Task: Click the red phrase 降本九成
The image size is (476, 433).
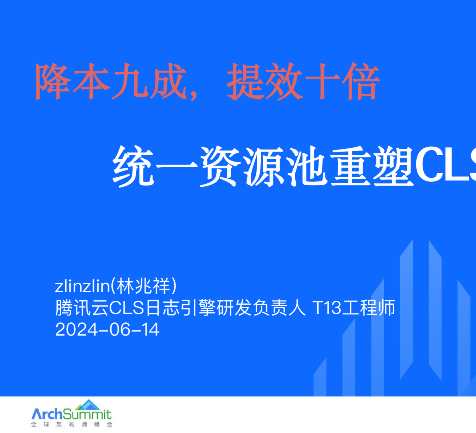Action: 111,82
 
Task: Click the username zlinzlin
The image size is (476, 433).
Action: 82,286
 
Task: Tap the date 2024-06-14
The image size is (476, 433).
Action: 107,330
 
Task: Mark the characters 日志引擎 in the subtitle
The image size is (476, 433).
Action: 180,308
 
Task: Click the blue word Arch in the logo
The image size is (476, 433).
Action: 47,414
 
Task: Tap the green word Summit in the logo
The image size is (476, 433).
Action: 87,414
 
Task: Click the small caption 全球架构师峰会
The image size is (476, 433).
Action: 72,425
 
